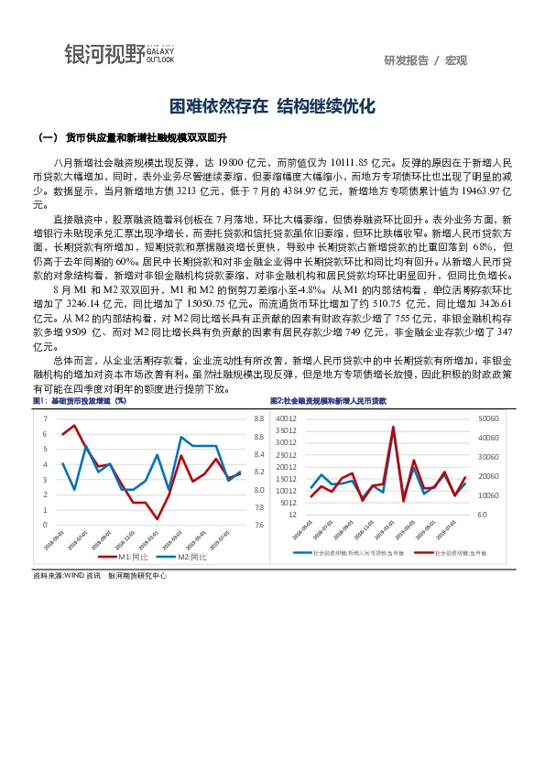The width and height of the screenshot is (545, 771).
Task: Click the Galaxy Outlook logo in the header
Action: (x=120, y=54)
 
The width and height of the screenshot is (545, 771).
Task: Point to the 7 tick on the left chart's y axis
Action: (x=45, y=418)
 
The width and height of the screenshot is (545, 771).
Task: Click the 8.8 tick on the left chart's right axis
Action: (x=258, y=418)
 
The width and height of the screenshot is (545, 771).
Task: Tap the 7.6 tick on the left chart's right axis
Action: (x=258, y=525)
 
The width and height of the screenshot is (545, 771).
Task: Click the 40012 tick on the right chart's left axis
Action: (x=286, y=418)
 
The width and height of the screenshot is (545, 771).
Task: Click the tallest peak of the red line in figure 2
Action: (x=393, y=427)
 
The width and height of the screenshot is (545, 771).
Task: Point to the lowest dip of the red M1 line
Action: (x=157, y=519)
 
